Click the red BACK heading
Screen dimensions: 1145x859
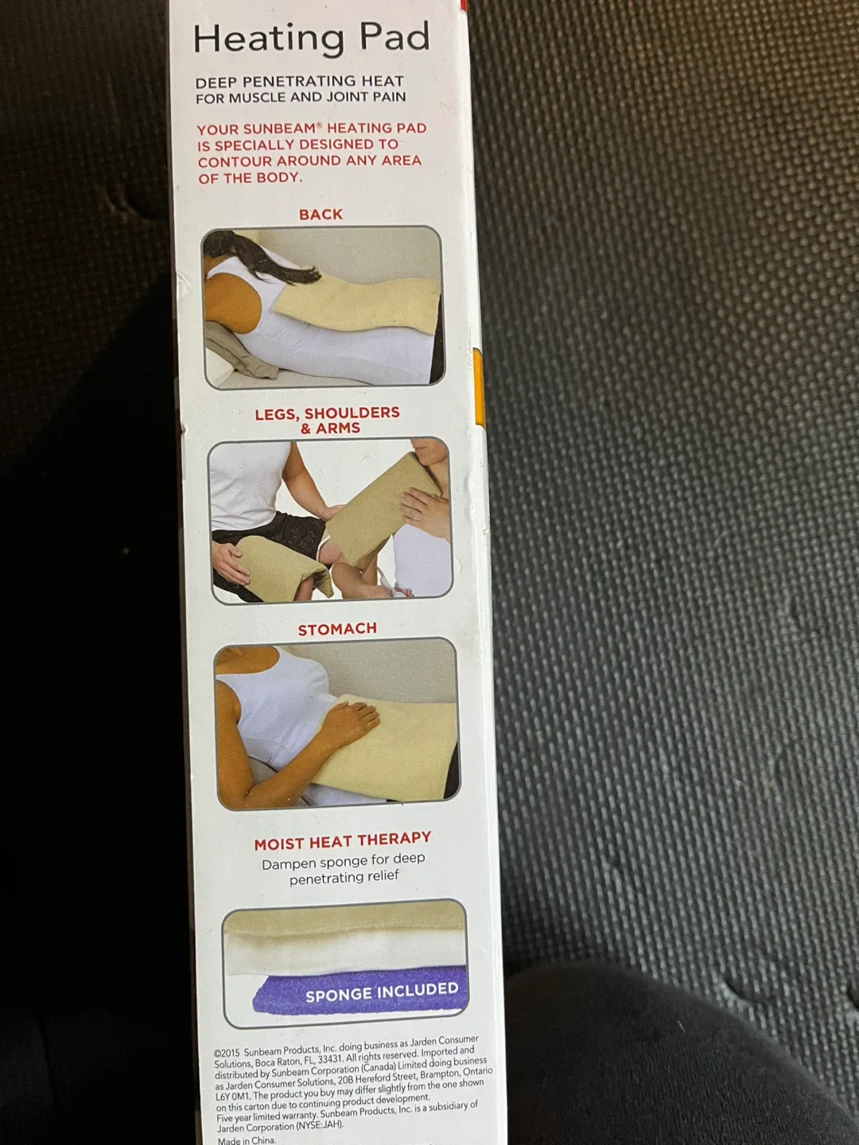(321, 215)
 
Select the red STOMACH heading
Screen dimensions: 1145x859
(337, 629)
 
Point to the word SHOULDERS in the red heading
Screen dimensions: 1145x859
(352, 413)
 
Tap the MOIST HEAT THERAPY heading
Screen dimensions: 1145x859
(342, 840)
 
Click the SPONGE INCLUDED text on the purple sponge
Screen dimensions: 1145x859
(382, 992)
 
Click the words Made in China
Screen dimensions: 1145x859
(247, 1140)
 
